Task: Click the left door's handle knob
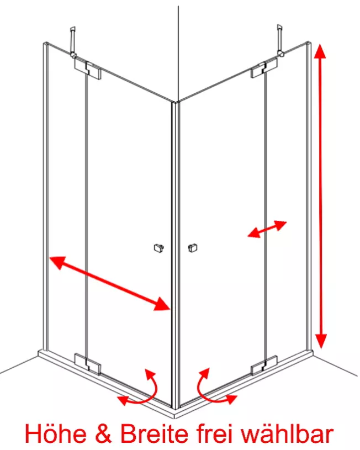point(158,248)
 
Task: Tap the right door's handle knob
point(193,248)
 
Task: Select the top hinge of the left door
point(88,70)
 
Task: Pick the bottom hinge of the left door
point(88,364)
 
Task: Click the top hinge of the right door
point(264,68)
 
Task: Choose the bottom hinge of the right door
point(264,366)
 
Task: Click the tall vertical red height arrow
point(320,197)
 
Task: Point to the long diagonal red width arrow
point(110,283)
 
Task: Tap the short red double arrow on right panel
point(267,229)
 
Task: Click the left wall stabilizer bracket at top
point(73,41)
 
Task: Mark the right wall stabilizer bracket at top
point(280,40)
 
